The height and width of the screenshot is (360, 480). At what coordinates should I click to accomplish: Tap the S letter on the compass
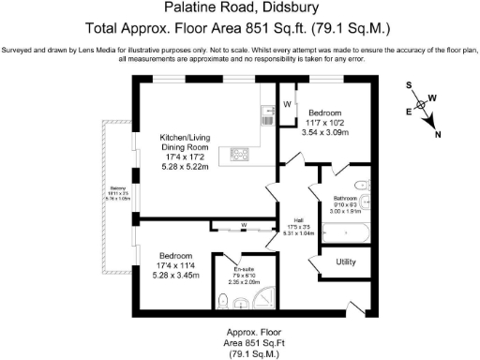point(409,84)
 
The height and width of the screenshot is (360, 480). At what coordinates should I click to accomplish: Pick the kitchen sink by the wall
point(268,115)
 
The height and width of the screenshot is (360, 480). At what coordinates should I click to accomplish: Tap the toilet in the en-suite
point(223,300)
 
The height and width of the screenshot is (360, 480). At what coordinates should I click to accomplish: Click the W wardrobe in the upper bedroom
point(288,103)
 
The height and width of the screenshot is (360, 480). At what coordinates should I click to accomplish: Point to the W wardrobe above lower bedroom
point(242,225)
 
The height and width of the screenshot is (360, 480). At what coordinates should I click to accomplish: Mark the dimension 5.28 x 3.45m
point(176,276)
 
